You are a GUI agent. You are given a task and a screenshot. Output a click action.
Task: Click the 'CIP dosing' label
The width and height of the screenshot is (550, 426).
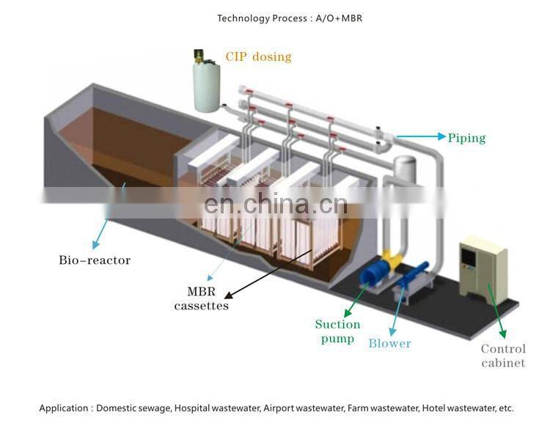point(257,56)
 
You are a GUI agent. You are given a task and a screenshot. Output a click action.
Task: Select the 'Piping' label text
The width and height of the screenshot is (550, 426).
point(466,137)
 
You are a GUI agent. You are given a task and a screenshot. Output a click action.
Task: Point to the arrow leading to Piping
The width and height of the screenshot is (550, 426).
point(421,136)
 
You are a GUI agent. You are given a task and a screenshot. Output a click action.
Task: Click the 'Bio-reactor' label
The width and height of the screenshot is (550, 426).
point(95,260)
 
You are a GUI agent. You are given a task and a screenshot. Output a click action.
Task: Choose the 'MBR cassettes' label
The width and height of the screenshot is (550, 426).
point(201,298)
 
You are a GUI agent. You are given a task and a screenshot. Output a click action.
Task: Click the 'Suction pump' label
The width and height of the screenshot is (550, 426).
point(337,331)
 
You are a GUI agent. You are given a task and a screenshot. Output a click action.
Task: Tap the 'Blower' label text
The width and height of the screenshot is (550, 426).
point(389,343)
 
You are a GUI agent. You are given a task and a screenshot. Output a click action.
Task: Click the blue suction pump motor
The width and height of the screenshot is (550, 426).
point(376,272)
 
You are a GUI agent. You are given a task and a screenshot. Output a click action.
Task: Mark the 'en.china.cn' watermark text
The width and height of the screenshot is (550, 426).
point(275,203)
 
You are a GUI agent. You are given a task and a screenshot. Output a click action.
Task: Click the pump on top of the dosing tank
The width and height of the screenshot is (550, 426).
point(199,56)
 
